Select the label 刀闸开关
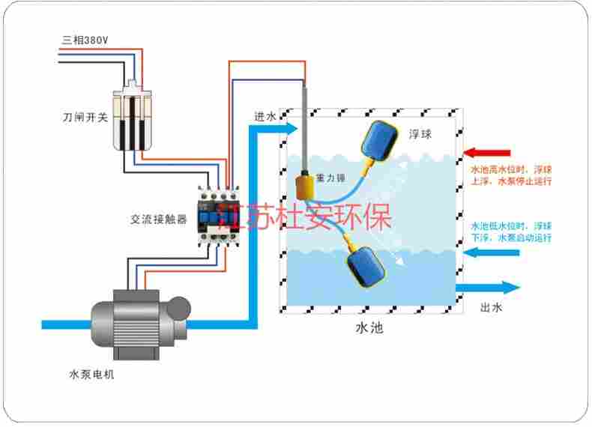[83, 118]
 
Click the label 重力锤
[330, 178]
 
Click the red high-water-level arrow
[487, 153]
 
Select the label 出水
[490, 307]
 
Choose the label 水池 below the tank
[369, 327]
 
